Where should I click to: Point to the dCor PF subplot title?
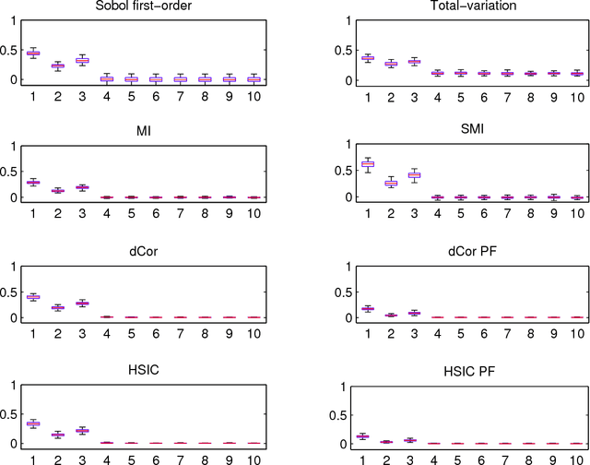[447, 254]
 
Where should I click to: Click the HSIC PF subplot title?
[447, 379]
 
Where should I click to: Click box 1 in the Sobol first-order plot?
[33, 53]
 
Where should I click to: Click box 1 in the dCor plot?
[33, 296]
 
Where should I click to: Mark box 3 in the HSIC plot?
[81, 431]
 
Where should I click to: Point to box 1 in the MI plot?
[33, 182]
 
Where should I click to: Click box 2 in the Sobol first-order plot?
[57, 66]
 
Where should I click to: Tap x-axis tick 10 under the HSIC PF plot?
[553, 458]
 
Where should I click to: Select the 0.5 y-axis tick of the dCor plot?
[10, 292]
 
